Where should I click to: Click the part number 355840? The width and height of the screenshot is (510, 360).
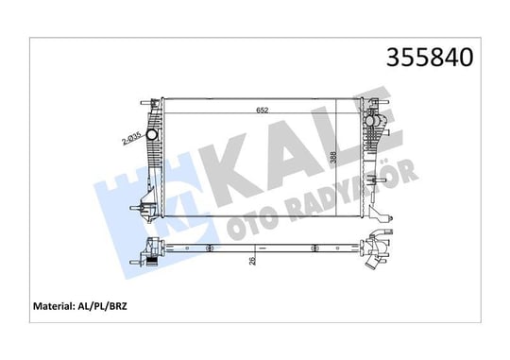click(x=430, y=58)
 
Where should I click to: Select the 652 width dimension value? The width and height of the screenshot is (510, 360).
click(x=263, y=111)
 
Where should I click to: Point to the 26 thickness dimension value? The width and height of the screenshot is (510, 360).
click(x=252, y=260)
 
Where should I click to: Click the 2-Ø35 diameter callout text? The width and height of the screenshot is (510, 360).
click(x=130, y=138)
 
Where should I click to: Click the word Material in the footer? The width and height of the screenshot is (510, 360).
click(x=52, y=306)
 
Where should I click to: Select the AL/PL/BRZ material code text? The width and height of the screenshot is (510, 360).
click(x=101, y=306)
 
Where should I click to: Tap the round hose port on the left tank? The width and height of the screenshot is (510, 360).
click(x=151, y=134)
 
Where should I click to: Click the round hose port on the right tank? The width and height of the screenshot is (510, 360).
click(x=370, y=121)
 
